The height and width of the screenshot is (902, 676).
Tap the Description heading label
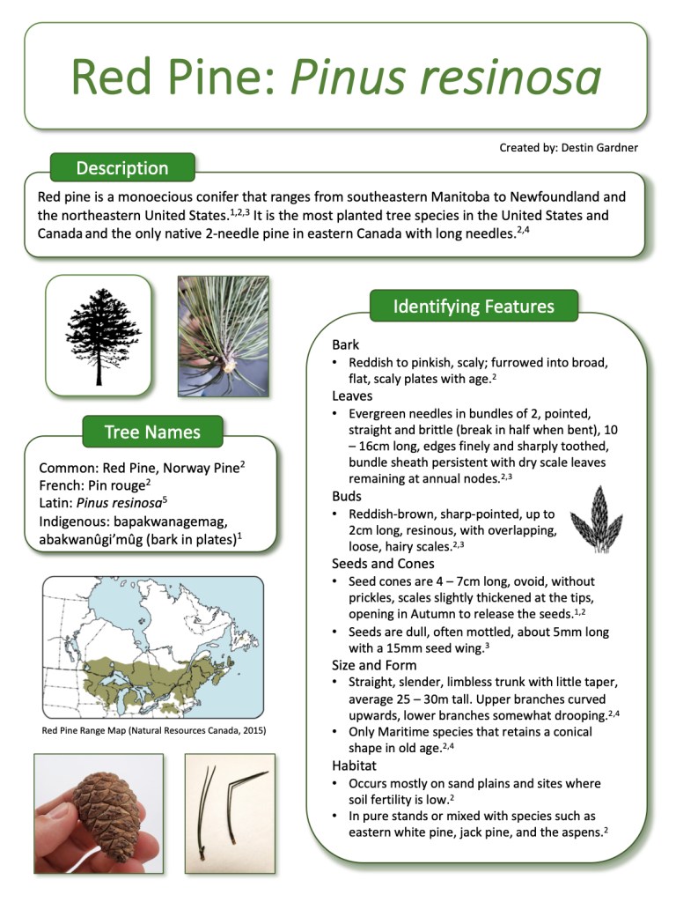(x=121, y=167)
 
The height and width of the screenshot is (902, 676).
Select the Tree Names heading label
(x=151, y=432)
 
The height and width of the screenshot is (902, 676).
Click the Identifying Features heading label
(x=473, y=307)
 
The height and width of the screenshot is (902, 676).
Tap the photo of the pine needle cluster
(x=223, y=336)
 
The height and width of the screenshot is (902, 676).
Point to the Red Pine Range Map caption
(x=153, y=730)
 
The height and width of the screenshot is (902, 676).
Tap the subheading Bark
(x=346, y=345)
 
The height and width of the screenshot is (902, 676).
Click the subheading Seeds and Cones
(x=383, y=564)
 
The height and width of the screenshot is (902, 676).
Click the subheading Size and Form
(x=374, y=665)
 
